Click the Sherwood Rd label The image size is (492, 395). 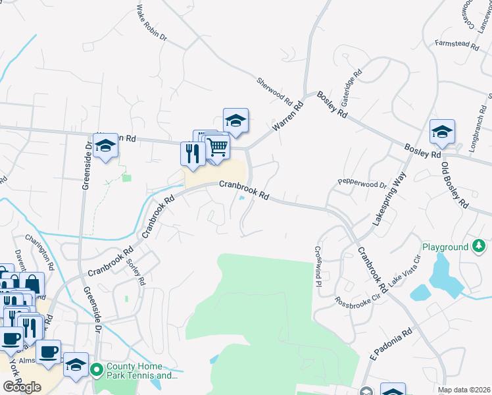click(x=274, y=92)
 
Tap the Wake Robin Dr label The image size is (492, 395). click(x=152, y=24)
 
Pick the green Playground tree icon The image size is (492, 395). click(x=480, y=247)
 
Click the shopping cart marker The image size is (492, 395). click(x=217, y=146)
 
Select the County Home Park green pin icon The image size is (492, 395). click(x=96, y=371)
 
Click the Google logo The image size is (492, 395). click(x=22, y=387)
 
